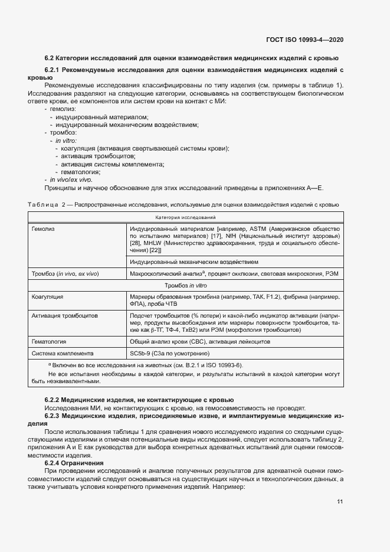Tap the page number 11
pyautogui.click(x=340, y=502)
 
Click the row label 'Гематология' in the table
pyautogui.click(x=49, y=341)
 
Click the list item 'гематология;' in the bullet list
pyautogui.click(x=76, y=172)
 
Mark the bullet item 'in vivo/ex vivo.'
pyautogui.click(x=71, y=179)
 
